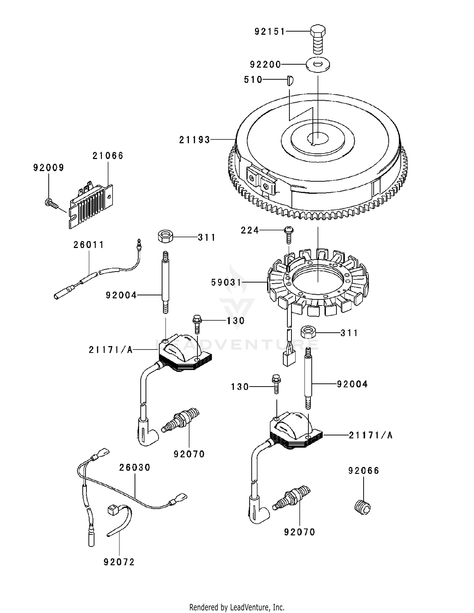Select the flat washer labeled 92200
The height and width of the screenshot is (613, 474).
pyautogui.click(x=318, y=65)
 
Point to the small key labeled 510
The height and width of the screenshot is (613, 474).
pyautogui.click(x=290, y=80)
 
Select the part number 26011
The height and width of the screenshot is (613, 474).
pyautogui.click(x=89, y=245)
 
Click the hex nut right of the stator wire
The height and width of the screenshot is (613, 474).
pyautogui.click(x=309, y=333)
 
